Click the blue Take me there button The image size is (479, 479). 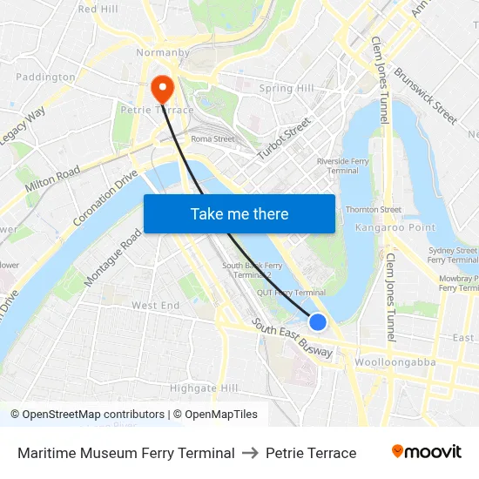tap(239, 213)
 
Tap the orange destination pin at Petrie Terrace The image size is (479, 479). tap(162, 88)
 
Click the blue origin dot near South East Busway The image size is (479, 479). tap(318, 322)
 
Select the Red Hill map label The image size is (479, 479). tap(98, 9)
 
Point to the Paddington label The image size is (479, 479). tap(45, 77)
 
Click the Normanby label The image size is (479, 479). tap(163, 53)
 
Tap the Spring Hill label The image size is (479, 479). tap(287, 89)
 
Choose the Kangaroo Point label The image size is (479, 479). tap(395, 227)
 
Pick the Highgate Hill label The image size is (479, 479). tap(204, 388)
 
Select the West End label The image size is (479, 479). tap(155, 306)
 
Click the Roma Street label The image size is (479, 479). tap(213, 138)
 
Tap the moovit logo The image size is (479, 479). tap(426, 452)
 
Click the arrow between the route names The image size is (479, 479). tap(250, 453)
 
